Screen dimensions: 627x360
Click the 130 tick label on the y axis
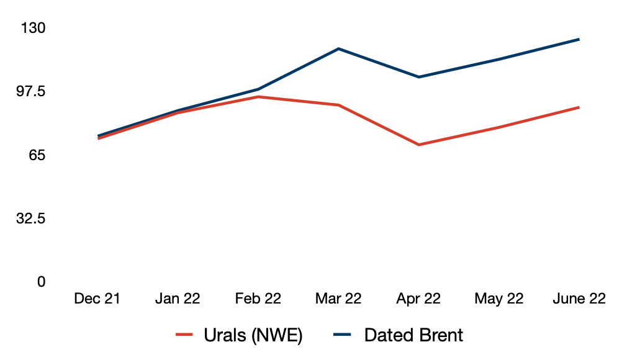(x=33, y=28)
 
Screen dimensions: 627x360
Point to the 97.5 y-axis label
(x=31, y=92)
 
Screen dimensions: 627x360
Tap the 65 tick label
(x=37, y=155)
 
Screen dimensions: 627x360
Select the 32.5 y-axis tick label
(x=31, y=218)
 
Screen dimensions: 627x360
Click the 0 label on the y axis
(x=41, y=282)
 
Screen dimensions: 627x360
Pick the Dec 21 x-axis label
(x=97, y=299)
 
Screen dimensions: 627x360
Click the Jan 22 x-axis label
(x=178, y=299)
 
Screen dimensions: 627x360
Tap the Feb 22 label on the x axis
(x=258, y=299)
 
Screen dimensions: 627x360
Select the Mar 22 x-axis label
(x=338, y=299)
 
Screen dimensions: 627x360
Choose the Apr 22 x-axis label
(x=418, y=299)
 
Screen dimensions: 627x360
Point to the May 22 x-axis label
(x=498, y=299)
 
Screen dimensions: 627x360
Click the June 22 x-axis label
(x=579, y=299)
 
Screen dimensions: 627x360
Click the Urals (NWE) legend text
(x=253, y=335)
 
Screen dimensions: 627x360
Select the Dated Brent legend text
(x=413, y=335)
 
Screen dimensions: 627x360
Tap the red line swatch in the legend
(x=184, y=335)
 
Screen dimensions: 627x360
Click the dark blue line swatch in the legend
(x=342, y=335)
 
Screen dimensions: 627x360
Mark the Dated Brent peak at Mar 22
(x=338, y=49)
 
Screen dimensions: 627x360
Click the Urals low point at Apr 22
(x=418, y=145)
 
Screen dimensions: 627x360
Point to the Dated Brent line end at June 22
(x=579, y=39)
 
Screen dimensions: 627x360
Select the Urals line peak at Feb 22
(x=258, y=97)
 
